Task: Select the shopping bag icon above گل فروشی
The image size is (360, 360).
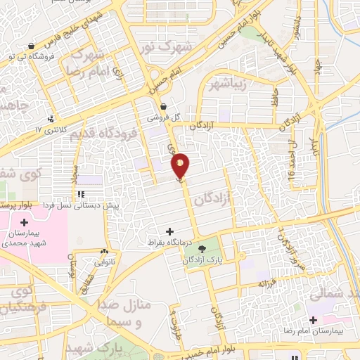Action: click(x=163, y=106)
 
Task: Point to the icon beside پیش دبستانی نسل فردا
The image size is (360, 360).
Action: click(x=82, y=194)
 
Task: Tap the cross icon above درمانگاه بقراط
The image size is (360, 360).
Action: click(x=169, y=231)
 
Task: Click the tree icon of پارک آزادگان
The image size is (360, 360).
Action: click(x=202, y=248)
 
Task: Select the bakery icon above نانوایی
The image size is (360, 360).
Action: click(x=105, y=251)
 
